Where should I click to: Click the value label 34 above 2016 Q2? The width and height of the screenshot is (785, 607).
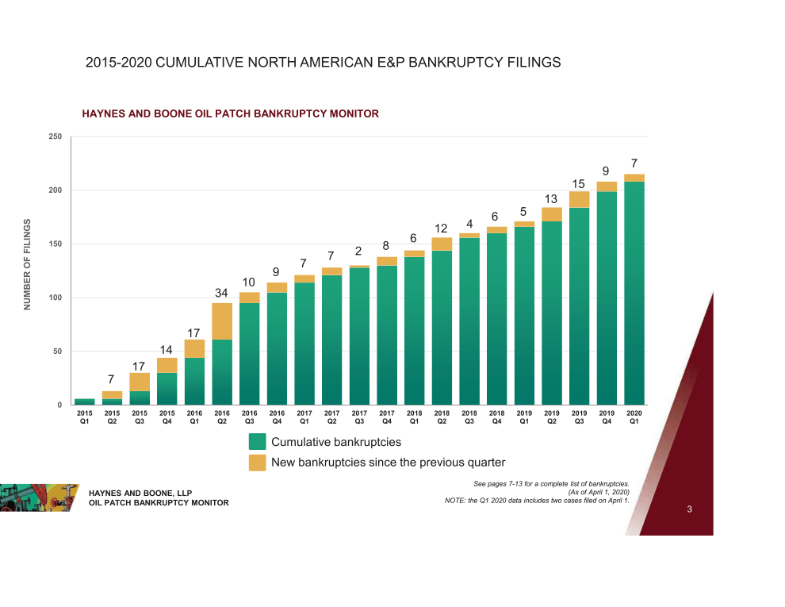[x=222, y=293]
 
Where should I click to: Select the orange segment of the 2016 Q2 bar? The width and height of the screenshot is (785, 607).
[x=222, y=321]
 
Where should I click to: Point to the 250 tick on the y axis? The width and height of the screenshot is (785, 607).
[x=55, y=136]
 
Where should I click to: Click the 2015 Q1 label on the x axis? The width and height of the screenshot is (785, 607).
[x=85, y=417]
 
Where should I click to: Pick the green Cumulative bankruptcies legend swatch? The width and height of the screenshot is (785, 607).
[x=257, y=442]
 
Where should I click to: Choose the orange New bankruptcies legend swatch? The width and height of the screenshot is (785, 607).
[x=257, y=463]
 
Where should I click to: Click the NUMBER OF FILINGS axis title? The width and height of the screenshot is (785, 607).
[x=27, y=264]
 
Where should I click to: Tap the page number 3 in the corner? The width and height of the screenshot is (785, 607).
[x=690, y=509]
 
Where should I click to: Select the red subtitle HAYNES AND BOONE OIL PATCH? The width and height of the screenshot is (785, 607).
[x=230, y=114]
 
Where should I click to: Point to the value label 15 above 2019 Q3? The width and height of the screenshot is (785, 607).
[x=579, y=184]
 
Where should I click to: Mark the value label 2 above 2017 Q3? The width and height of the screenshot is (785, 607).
[x=358, y=252]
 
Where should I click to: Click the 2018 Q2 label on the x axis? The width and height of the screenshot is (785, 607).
[x=442, y=417]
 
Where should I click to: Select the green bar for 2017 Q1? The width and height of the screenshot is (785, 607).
[x=304, y=343]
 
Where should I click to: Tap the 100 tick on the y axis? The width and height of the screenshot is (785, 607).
[x=55, y=298]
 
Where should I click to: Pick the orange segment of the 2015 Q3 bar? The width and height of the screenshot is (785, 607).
[x=140, y=382]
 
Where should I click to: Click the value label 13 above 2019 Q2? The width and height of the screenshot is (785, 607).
[x=551, y=198]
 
